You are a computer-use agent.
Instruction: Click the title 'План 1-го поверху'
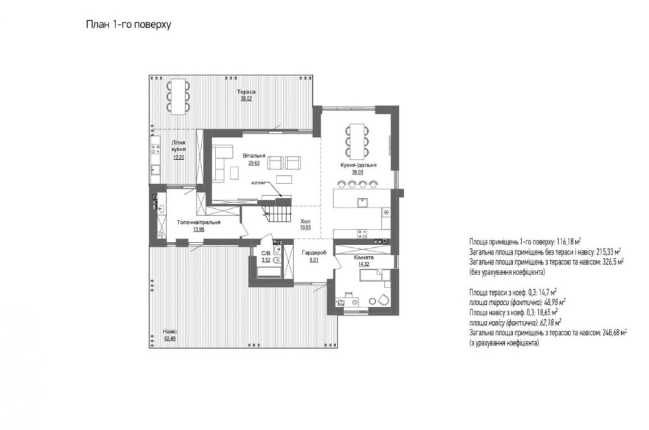(129, 25)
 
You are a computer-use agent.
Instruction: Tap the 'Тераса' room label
(246, 92)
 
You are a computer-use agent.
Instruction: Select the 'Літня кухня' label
(178, 145)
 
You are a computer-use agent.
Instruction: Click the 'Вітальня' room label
(254, 156)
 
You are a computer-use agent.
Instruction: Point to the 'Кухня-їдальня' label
(358, 165)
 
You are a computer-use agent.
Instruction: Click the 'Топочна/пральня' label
(199, 222)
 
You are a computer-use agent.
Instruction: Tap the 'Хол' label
(306, 222)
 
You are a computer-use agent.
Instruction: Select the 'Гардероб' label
(314, 253)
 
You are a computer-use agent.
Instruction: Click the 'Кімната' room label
(364, 257)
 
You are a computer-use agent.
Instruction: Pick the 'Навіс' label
(169, 331)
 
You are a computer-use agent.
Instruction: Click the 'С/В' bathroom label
(265, 254)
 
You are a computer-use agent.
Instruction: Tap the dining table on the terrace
(178, 97)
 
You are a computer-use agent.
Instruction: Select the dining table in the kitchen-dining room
(357, 141)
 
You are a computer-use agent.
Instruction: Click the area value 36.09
(358, 173)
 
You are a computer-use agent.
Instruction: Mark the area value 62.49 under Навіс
(169, 339)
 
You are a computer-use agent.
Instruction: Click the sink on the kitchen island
(363, 202)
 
